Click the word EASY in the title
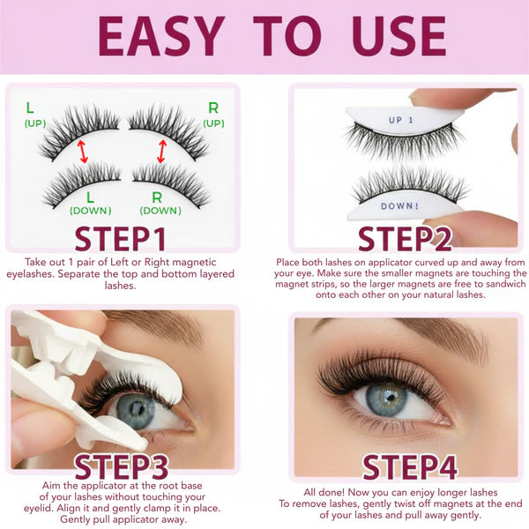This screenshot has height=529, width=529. coord(160,36)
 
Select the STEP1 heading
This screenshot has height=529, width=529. coord(121,238)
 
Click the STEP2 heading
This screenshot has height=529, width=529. coord(406,238)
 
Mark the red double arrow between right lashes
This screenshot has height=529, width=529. coord(161,150)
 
